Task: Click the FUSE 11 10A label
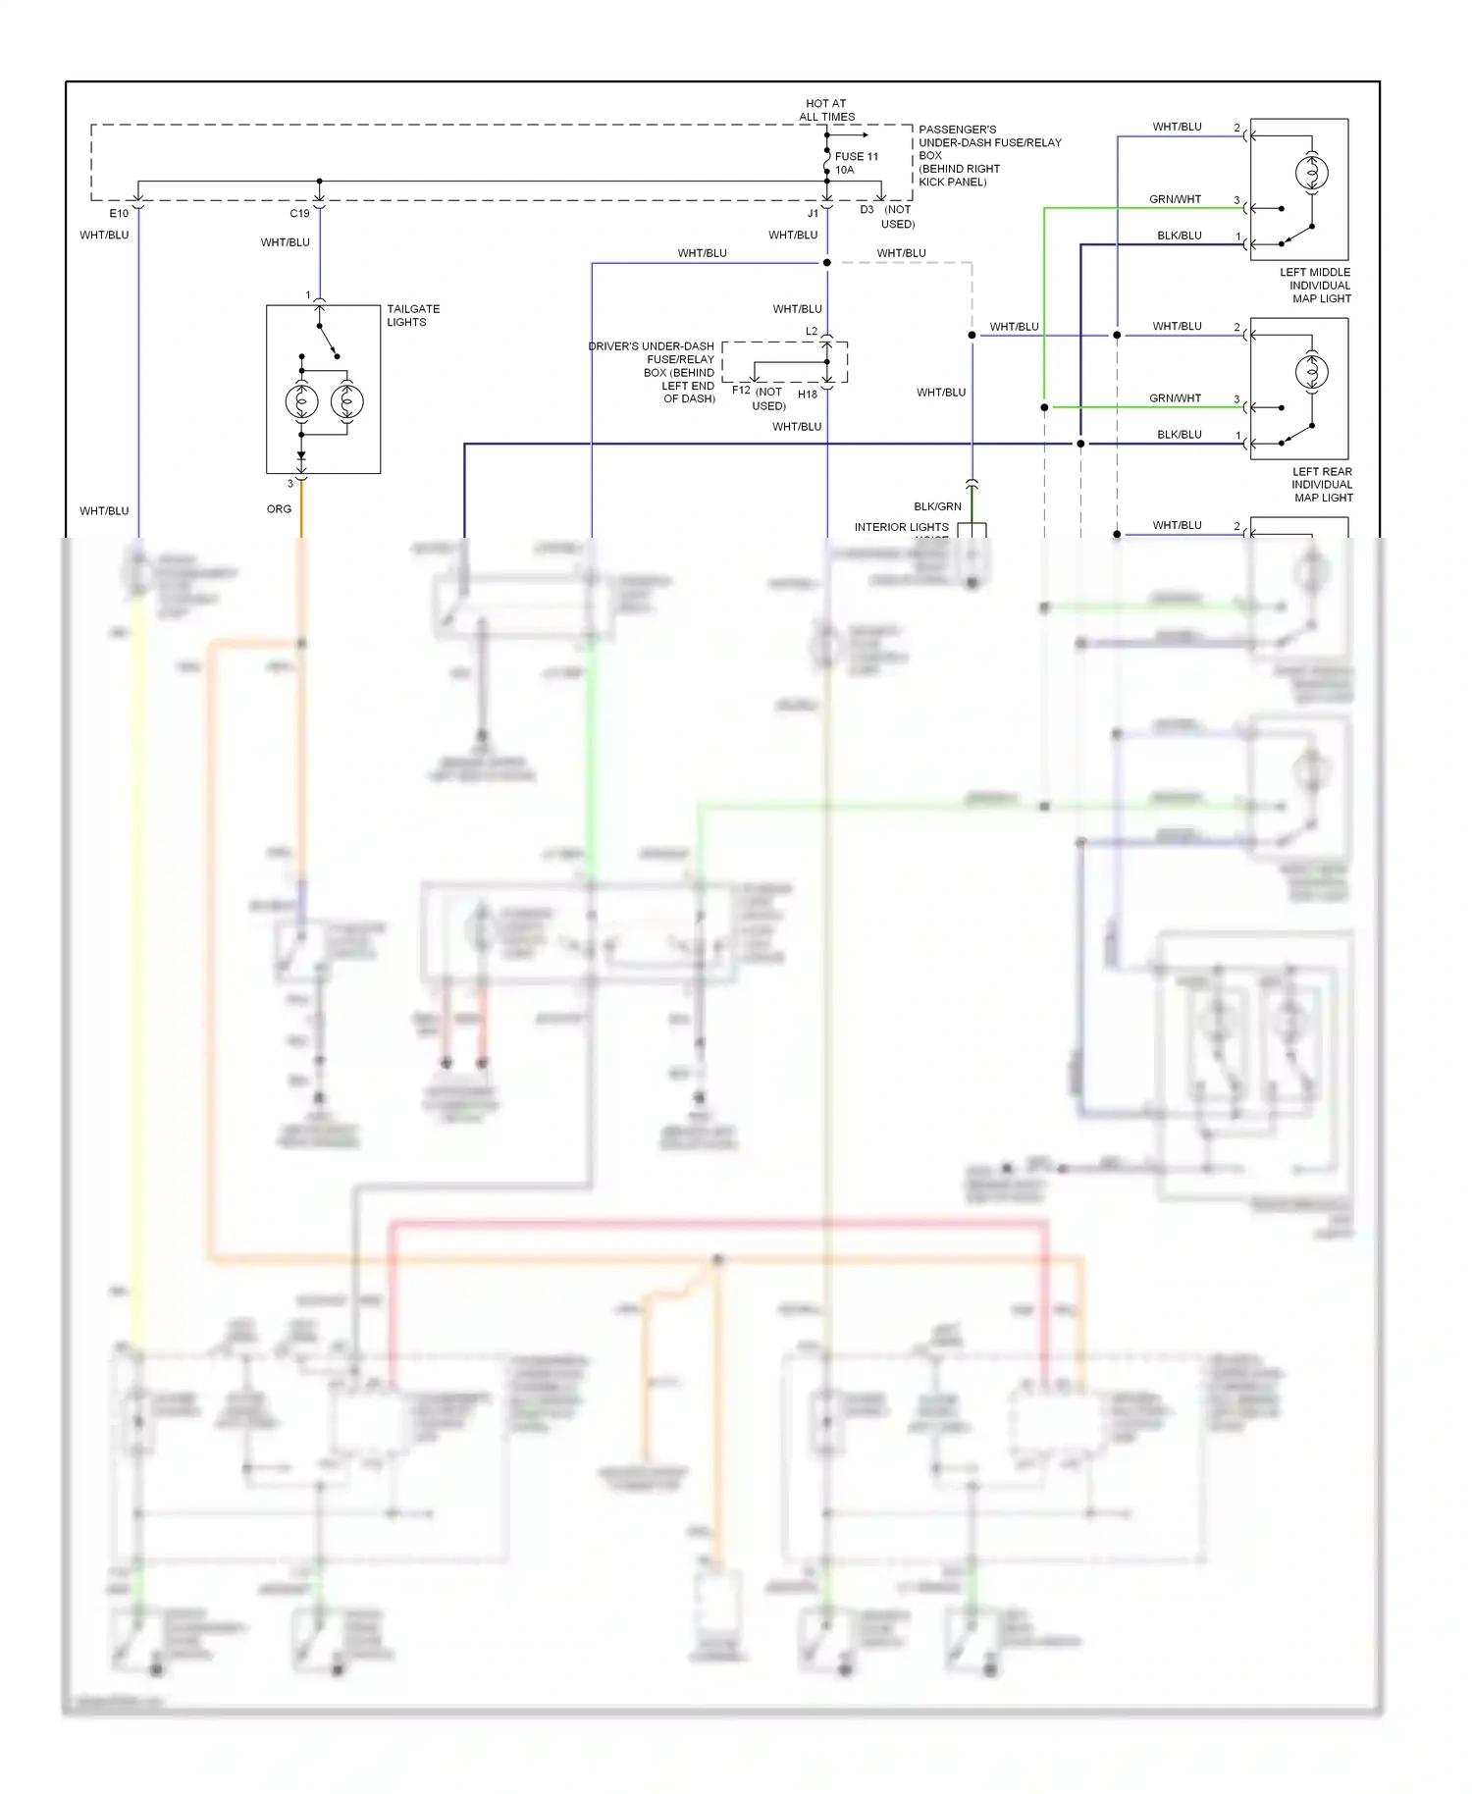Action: pos(856,163)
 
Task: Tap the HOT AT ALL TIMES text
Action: pos(826,110)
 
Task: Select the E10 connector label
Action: pos(119,213)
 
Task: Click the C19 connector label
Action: pos(299,213)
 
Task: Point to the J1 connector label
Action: pos(813,213)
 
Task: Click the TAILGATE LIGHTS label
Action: pos(412,315)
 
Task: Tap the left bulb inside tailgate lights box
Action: pos(301,401)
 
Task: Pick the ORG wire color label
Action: pos(279,509)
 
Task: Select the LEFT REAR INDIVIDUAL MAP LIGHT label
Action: pos(1321,485)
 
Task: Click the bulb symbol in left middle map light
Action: pos(1311,174)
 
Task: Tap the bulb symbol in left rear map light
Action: pos(1311,372)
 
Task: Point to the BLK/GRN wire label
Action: pos(937,506)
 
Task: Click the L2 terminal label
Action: pos(811,332)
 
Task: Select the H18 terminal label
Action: pos(807,395)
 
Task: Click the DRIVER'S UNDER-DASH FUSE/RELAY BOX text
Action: pos(653,372)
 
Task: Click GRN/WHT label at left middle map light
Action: pos(1175,199)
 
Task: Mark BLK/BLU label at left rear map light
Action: pos(1179,435)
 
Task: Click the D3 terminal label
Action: pos(867,209)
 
